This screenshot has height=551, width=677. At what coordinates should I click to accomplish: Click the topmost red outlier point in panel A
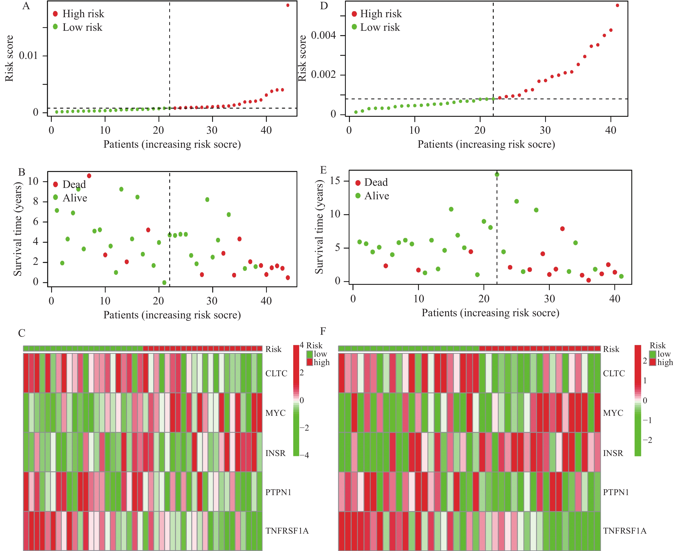[x=288, y=5]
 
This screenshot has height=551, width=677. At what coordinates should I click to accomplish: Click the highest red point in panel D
[x=617, y=5]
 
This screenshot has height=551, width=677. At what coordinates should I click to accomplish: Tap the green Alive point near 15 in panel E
[x=497, y=175]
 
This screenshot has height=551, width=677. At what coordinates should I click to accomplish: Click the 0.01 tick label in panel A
[x=28, y=56]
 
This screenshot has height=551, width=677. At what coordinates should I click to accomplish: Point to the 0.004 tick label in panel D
[x=323, y=35]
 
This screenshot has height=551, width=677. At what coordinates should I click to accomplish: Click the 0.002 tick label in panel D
[x=323, y=75]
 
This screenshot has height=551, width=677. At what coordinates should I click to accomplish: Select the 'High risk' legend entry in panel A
[x=83, y=14]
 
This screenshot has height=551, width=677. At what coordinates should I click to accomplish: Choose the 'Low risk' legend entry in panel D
[x=380, y=27]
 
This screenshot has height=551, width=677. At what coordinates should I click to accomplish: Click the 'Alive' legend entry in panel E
[x=376, y=196]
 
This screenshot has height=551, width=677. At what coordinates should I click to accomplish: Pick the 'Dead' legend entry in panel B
[x=74, y=184]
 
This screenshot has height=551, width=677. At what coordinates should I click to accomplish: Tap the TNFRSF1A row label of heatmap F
[x=624, y=531]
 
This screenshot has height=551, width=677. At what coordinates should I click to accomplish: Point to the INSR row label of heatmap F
[x=613, y=453]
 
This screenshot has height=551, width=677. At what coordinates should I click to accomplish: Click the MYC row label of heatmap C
[x=275, y=413]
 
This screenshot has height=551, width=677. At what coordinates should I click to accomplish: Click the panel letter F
[x=323, y=331]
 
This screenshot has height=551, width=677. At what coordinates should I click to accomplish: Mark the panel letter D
[x=324, y=6]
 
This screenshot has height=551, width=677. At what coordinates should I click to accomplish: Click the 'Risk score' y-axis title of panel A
[x=9, y=58]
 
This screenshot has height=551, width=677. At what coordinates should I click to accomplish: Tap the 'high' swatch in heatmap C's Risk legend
[x=310, y=362]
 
